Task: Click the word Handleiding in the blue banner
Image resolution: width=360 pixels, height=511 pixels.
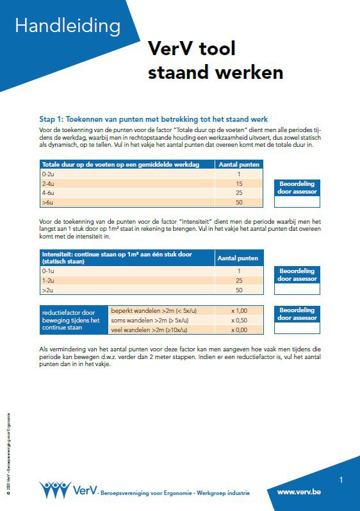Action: pos(67,26)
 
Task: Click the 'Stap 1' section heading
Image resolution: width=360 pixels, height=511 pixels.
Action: pos(153,119)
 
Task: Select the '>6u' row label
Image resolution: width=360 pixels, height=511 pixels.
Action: pos(48,202)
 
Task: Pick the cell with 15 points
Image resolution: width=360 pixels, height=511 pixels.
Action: pos(238,183)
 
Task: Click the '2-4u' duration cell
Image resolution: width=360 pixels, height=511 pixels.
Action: pos(48,183)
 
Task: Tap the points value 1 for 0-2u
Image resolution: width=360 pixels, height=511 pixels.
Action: pos(238,174)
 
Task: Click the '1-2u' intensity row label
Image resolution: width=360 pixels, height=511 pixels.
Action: pos(48,280)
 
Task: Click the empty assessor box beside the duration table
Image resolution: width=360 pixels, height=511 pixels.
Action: pos(297,202)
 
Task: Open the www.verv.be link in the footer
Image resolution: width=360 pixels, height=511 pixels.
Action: pos(299,492)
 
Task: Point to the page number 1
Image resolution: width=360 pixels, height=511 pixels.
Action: pos(341,480)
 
